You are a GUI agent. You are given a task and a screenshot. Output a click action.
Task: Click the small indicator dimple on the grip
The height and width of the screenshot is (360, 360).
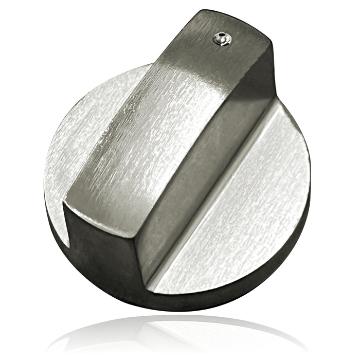point(222,39)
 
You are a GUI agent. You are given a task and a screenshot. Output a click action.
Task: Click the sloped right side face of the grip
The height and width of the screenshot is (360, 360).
point(206,170)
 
